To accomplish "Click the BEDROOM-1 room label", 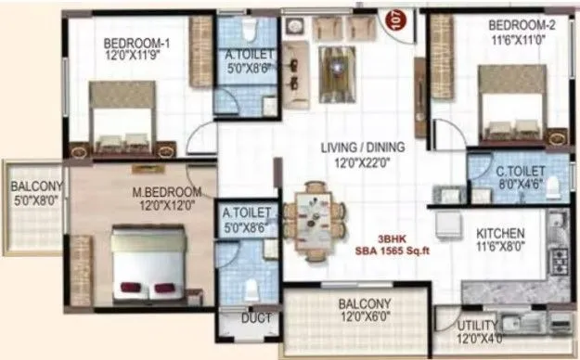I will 135,43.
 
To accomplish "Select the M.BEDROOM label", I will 161,193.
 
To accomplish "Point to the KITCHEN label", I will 501,233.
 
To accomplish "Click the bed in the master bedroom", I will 151,269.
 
